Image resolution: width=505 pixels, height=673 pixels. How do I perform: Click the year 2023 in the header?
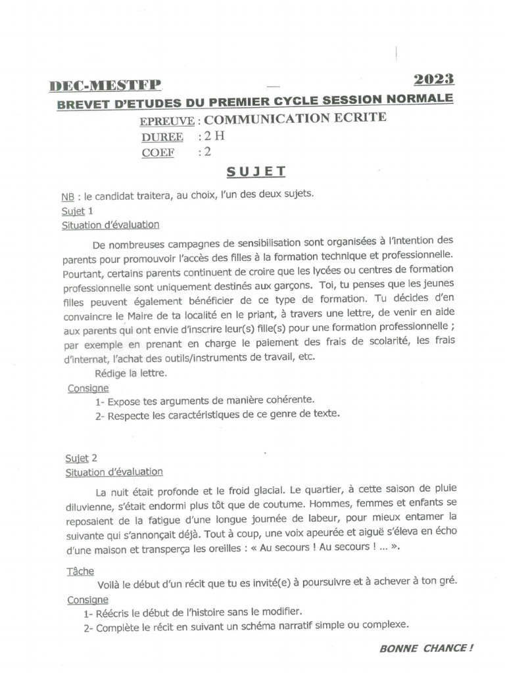point(433,80)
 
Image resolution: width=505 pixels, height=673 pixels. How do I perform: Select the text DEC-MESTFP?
point(105,86)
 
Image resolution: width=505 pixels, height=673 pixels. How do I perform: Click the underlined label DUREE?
point(162,137)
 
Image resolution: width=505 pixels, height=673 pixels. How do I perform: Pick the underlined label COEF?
point(158,153)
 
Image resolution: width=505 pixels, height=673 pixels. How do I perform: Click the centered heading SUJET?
point(256,172)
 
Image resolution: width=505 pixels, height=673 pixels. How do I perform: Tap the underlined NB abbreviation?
point(68,197)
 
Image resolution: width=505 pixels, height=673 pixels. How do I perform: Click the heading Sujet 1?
point(77,211)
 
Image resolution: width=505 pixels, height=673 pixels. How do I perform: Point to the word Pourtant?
point(83,269)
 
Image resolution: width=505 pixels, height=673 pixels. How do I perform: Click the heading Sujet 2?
point(81,457)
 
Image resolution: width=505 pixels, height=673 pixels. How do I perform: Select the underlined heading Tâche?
point(80,570)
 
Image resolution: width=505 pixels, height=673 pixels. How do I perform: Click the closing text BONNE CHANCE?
point(425,648)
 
